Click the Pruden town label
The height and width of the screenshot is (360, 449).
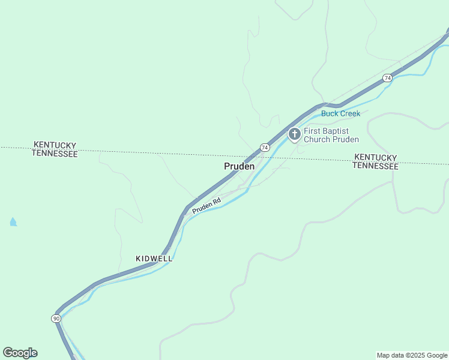[x=239, y=166]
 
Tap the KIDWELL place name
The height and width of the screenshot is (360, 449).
[x=154, y=259]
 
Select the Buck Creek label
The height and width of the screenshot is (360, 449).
[x=340, y=113]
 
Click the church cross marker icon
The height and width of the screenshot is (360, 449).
[x=294, y=134]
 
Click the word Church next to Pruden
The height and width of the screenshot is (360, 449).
[x=318, y=140]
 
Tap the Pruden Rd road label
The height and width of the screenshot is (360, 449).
[x=206, y=206]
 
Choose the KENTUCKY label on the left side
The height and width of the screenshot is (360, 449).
[x=55, y=145]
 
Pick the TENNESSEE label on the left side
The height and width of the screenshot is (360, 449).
[x=55, y=154]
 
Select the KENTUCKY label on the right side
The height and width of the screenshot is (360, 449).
[x=375, y=157]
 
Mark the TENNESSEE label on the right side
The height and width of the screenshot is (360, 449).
[x=375, y=166]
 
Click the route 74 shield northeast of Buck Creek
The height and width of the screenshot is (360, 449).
[x=387, y=78]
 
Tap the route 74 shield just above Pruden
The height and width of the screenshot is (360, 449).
[x=264, y=148]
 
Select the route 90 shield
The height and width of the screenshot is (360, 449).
[x=56, y=318]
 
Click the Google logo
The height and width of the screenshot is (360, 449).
[x=20, y=353]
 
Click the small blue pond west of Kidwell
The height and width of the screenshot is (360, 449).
[x=13, y=222]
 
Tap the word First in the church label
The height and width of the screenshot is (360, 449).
[x=313, y=131]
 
